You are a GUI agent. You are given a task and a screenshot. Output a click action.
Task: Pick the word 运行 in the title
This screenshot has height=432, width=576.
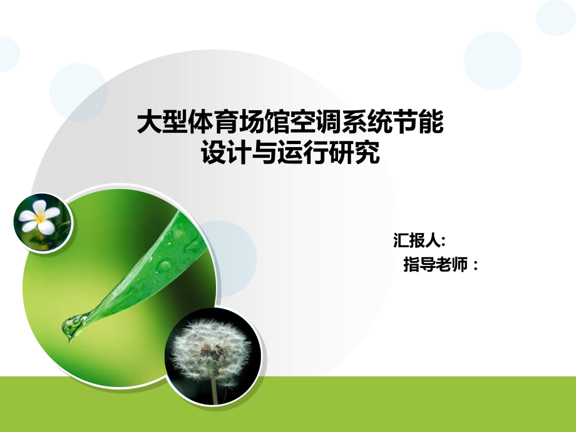click(x=302, y=152)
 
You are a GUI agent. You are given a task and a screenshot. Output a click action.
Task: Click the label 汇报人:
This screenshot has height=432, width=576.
click(x=419, y=240)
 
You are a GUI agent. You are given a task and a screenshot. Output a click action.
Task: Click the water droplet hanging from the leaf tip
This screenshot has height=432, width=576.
click(x=72, y=325)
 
